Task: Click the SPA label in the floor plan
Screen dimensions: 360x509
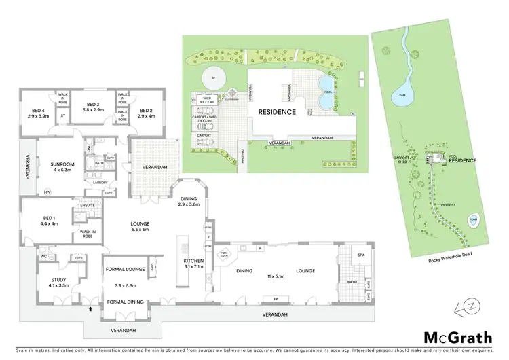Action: pyautogui.click(x=352, y=255)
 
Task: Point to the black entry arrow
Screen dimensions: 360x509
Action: pyautogui.click(x=90, y=310)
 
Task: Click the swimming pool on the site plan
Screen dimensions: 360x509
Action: pyautogui.click(x=326, y=95)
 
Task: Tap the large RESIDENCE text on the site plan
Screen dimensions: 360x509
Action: pyautogui.click(x=276, y=111)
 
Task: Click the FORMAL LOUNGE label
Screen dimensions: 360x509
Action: pyautogui.click(x=125, y=270)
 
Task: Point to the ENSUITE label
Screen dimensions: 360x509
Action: pyautogui.click(x=88, y=204)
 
